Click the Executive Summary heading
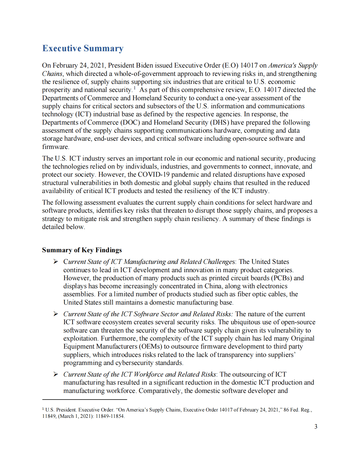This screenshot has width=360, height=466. [83, 48]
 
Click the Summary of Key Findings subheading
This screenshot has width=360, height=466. [82, 250]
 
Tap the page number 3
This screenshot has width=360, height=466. [316, 427]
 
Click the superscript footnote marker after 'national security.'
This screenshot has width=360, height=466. [135, 88]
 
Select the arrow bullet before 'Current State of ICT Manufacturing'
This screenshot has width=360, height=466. [56, 262]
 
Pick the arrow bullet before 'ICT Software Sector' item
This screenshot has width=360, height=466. [56, 314]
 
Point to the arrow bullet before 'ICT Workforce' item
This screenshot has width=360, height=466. [56, 374]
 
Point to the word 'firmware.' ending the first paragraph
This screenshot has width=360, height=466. [56, 147]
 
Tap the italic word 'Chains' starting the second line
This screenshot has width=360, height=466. [52, 74]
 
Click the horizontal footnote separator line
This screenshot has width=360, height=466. [84, 399]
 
